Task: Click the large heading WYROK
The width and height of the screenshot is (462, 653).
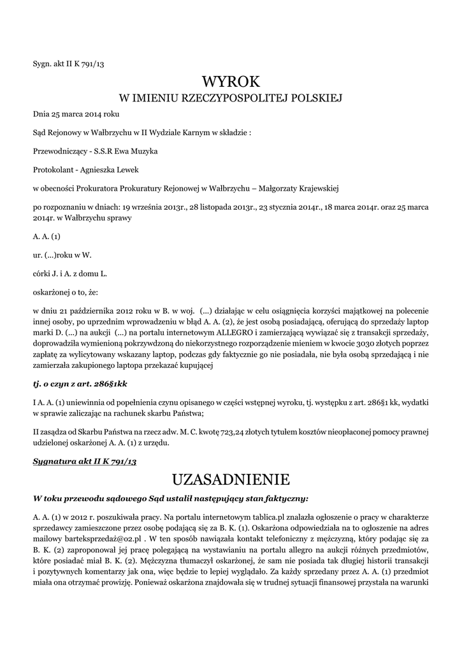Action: click(x=231, y=81)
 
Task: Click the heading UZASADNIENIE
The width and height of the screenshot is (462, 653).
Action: click(x=231, y=478)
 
